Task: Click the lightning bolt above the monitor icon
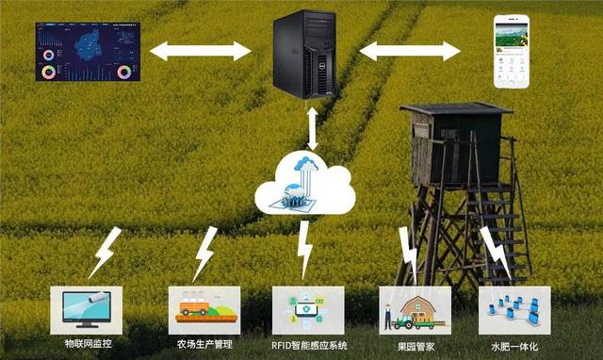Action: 104,253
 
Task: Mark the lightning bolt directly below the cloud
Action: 304,247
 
